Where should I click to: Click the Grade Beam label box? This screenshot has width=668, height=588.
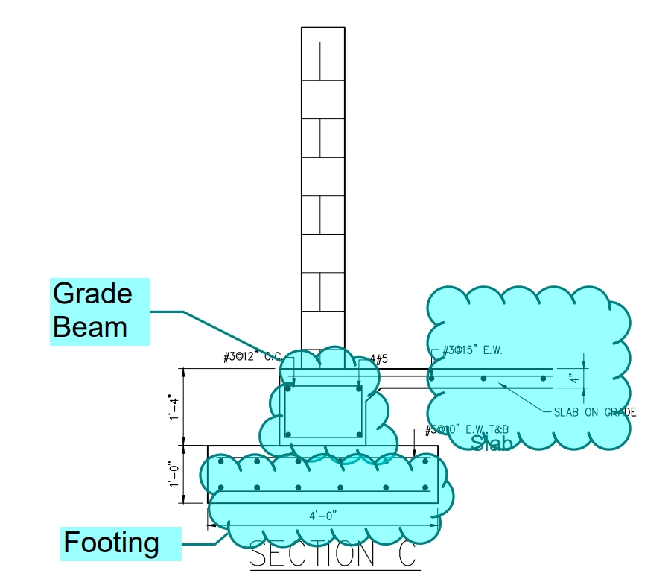coord(100,311)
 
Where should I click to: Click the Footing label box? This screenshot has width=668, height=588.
coord(120,543)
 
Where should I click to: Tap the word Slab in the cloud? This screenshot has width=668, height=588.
coord(492,443)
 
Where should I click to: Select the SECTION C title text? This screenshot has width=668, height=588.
coord(332,555)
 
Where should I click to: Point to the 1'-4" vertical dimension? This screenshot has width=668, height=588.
coord(174,406)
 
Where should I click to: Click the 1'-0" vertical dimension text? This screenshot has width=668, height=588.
coord(174,475)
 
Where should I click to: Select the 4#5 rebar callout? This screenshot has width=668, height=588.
coord(379,359)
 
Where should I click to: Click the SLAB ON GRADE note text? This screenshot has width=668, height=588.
coord(594,412)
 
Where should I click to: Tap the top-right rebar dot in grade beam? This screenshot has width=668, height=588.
coord(359,388)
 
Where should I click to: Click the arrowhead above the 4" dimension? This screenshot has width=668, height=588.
coord(584,363)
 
